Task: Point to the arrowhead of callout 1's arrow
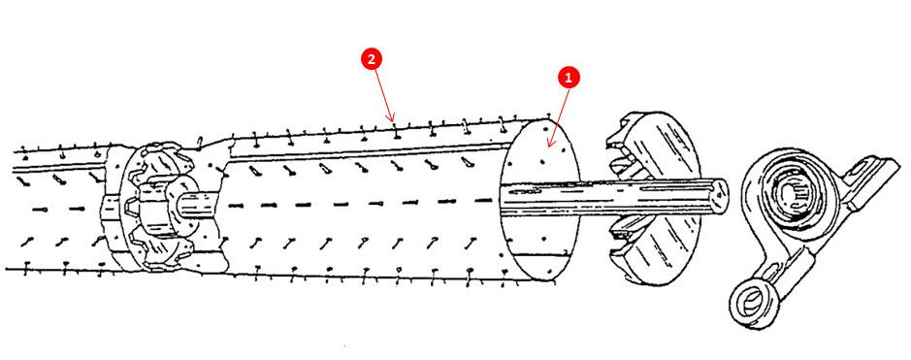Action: (x=549, y=147)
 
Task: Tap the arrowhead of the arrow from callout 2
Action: (x=394, y=122)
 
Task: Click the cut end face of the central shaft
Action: (x=718, y=197)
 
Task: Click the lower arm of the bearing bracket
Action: (x=766, y=277)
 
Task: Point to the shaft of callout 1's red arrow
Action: (x=560, y=112)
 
